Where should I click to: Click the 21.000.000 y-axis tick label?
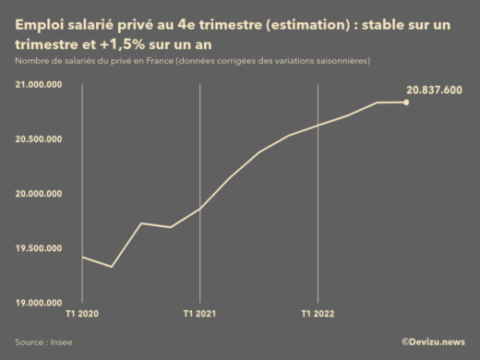tap(39, 84)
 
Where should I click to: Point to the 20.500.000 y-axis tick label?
tap(39, 138)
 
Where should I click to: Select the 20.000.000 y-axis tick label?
tap(39, 193)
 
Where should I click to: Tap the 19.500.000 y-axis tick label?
tap(39, 247)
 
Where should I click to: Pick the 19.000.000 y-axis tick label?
tap(39, 302)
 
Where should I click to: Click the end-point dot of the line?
tap(407, 102)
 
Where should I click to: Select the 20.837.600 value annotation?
tap(434, 90)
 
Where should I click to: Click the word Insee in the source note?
tap(62, 342)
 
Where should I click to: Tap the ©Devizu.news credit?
tap(432, 342)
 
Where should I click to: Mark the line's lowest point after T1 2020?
tap(112, 267)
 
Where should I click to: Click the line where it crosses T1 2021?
tap(199, 209)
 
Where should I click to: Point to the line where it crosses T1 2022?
tap(318, 126)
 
